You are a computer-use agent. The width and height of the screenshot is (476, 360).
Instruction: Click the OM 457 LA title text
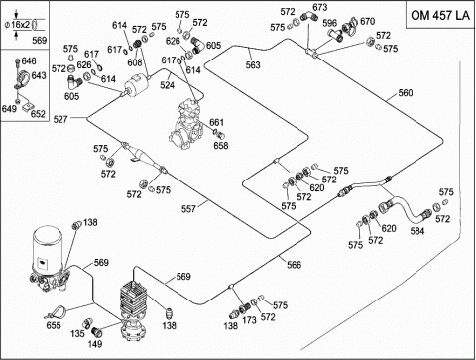[440, 15]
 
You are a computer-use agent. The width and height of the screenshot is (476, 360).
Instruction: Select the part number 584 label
[417, 231]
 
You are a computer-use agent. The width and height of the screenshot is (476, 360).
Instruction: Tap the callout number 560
[406, 93]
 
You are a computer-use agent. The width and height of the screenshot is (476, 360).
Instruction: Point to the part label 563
[253, 65]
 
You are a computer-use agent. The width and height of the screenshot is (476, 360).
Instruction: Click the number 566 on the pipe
[294, 265]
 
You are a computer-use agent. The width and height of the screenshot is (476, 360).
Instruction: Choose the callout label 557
[188, 209]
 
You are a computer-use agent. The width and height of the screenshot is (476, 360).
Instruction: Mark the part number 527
[60, 119]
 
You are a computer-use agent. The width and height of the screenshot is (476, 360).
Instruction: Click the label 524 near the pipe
[167, 85]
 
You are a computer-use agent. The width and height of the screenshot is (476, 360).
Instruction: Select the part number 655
[54, 325]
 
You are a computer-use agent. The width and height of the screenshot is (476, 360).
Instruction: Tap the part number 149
[95, 344]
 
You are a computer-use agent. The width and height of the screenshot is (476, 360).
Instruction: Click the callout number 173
[249, 320]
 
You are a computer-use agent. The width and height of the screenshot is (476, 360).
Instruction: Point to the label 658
[221, 145]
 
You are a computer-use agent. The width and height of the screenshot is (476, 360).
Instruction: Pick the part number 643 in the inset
[39, 75]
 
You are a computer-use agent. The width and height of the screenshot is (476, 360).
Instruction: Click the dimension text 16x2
[21, 25]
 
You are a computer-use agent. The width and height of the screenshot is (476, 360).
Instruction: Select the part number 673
[320, 7]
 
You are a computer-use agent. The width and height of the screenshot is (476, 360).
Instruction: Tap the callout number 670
[368, 22]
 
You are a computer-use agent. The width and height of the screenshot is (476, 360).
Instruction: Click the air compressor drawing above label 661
[186, 125]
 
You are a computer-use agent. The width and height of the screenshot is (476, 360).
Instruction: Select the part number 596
[329, 23]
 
